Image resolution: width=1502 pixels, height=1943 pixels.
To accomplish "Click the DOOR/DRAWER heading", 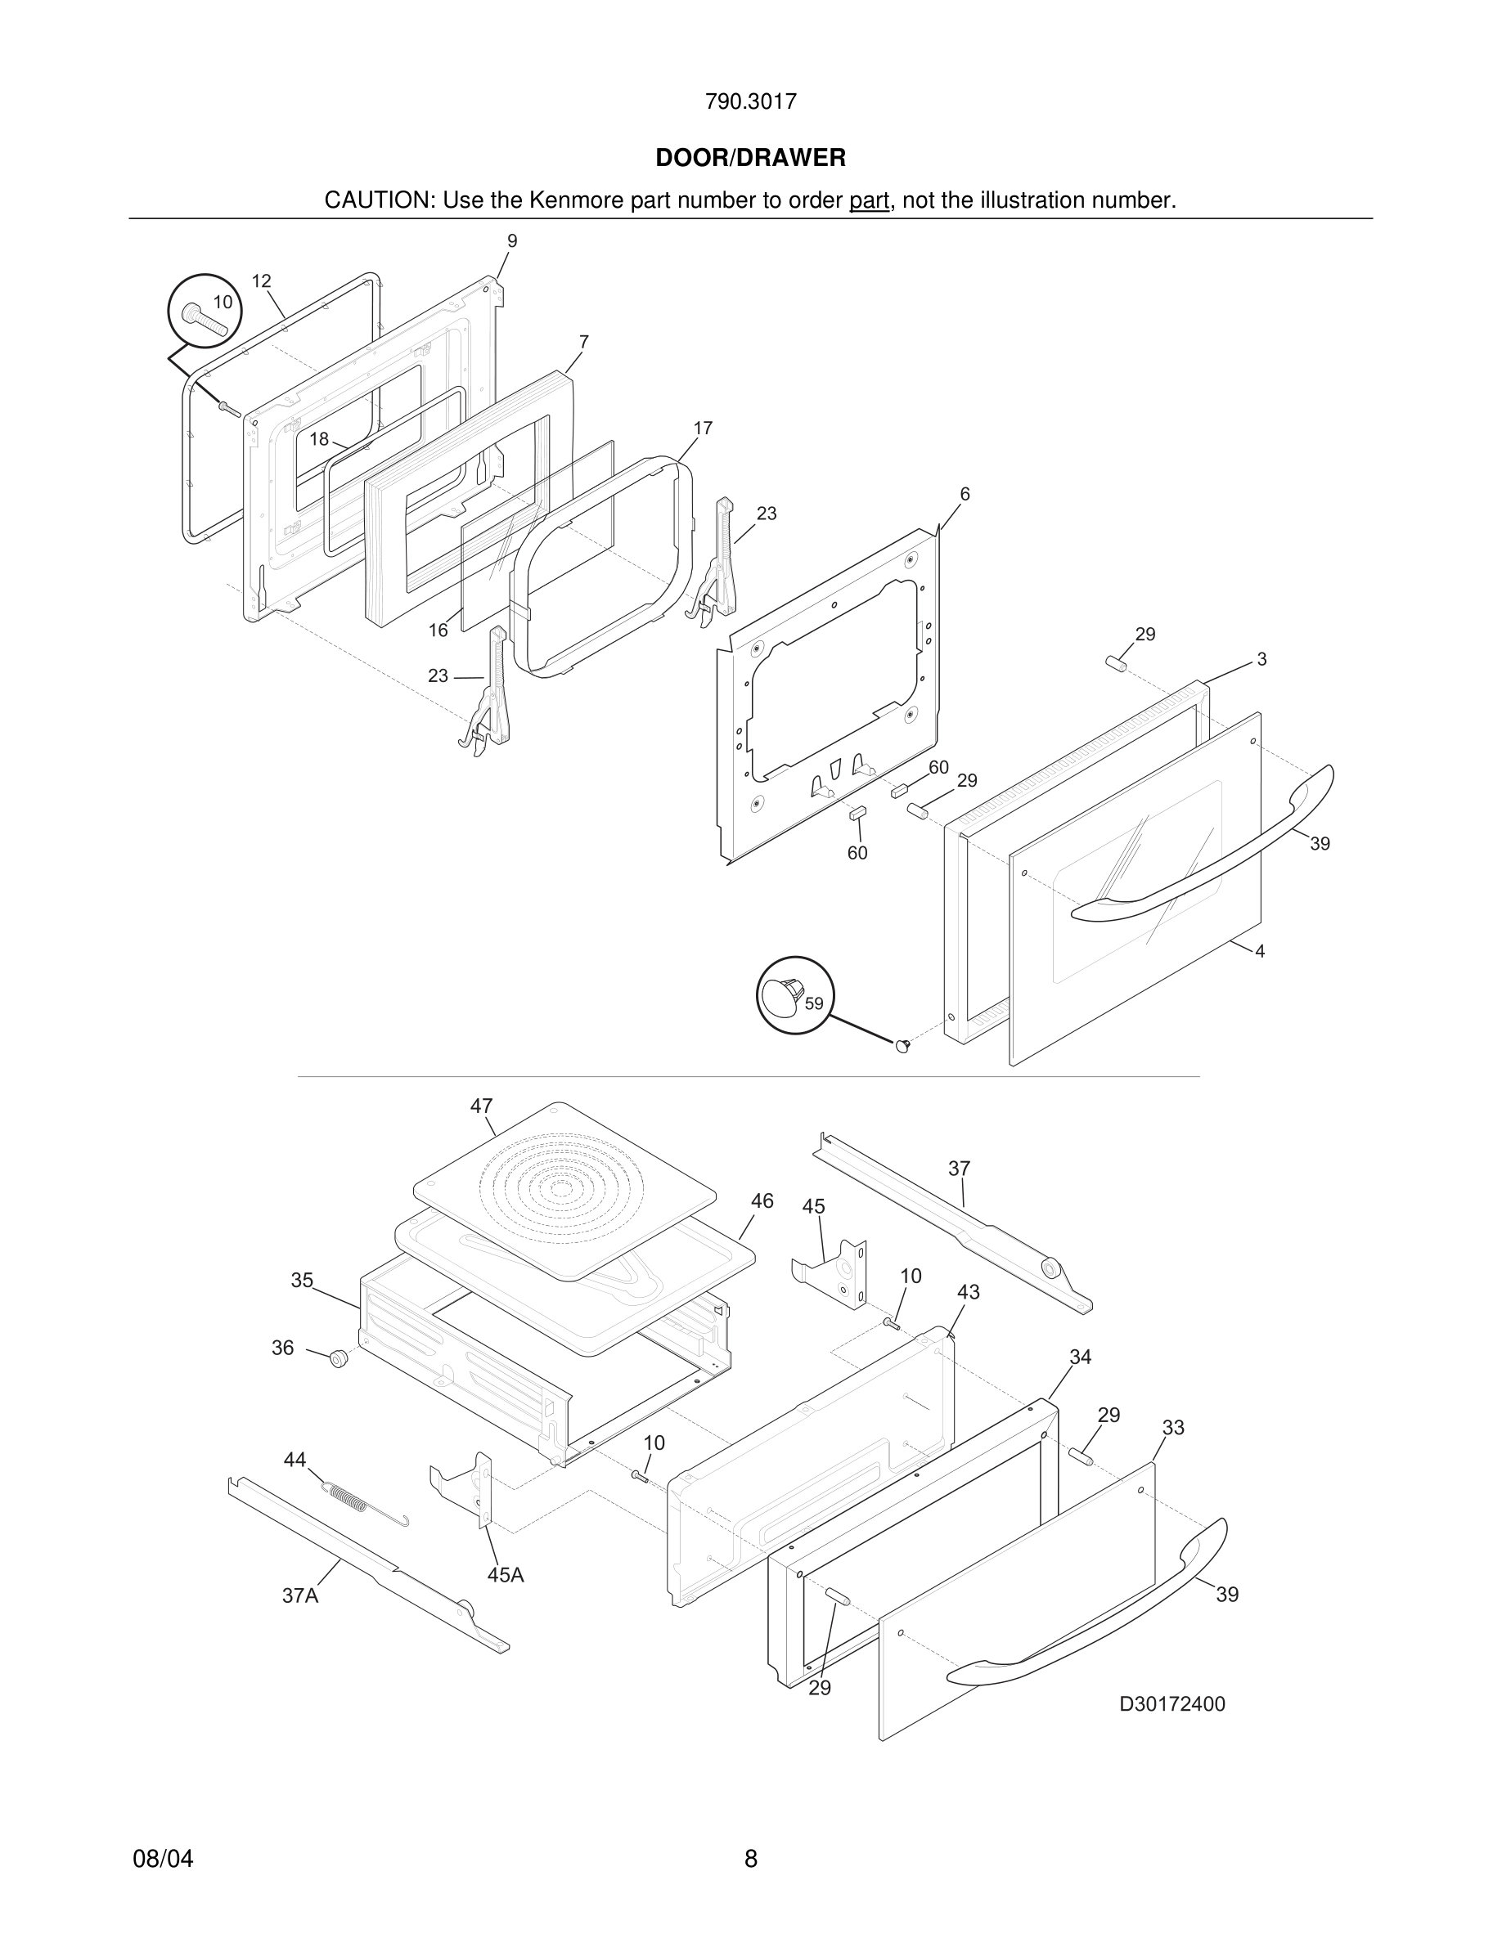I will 750,159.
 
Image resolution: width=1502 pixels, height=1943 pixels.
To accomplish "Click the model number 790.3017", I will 750,102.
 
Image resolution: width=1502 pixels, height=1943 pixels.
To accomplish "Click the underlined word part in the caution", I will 869,201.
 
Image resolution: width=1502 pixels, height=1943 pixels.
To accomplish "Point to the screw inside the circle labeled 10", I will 204,318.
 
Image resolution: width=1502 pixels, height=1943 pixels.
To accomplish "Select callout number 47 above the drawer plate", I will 481,1106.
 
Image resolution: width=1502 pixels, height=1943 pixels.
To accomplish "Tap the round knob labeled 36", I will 338,1358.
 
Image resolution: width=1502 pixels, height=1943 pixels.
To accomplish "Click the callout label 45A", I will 506,1576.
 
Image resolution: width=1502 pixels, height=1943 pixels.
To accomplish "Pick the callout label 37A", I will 300,1596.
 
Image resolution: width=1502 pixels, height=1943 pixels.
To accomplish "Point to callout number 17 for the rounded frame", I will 702,429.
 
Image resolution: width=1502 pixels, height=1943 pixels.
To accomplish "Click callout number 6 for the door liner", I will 965,495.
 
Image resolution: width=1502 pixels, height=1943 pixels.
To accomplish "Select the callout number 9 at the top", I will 511,241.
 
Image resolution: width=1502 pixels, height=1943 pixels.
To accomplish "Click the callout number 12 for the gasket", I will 261,281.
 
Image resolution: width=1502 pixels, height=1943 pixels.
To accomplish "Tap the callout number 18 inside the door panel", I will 319,438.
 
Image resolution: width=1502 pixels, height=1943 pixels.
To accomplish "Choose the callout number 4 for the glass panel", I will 1259,951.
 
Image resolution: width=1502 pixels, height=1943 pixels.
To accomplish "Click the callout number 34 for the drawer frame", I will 1080,1357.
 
